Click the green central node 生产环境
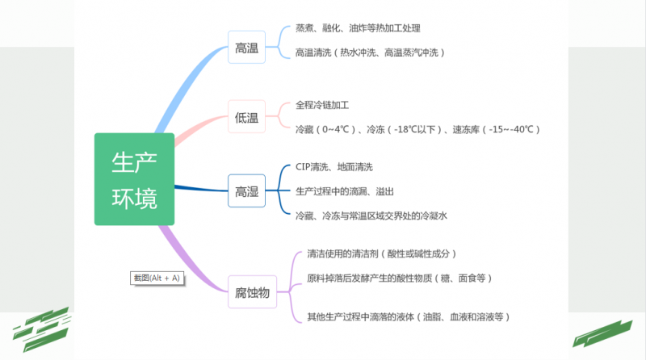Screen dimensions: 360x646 click(134, 179)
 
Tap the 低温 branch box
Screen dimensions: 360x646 click(246, 118)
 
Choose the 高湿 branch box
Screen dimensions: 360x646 click(246, 190)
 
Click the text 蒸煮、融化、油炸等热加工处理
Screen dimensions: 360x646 click(358, 28)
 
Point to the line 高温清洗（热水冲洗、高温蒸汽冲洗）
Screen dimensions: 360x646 click(370, 52)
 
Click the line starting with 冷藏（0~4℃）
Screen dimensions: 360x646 click(417, 129)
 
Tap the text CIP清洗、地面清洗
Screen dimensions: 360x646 click(334, 167)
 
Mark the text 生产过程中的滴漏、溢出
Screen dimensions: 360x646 click(345, 191)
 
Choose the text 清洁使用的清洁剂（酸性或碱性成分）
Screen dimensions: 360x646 click(388, 254)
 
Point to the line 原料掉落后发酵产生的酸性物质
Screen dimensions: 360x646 click(400, 278)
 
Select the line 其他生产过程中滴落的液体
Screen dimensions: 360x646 click(409, 316)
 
